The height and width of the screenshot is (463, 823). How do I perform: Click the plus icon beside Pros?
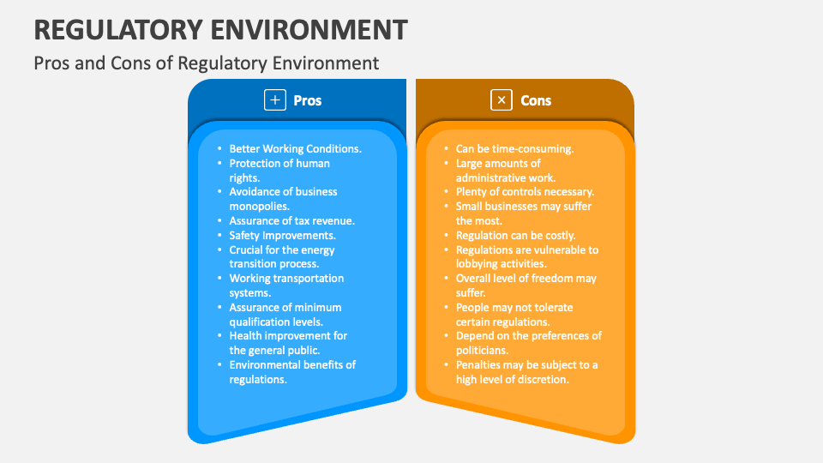(274, 100)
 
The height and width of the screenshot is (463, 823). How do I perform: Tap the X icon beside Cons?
(501, 100)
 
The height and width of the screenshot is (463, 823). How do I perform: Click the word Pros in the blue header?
(308, 100)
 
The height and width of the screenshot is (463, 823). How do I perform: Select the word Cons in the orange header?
(536, 100)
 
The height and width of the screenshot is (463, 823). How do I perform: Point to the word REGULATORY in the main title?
(119, 29)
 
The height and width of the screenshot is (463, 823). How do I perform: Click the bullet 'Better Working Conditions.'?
(295, 148)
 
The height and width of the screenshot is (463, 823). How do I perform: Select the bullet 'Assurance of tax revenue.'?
(291, 220)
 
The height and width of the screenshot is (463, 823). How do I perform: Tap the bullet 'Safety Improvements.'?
(282, 235)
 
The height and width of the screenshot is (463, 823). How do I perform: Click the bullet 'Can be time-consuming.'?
(514, 148)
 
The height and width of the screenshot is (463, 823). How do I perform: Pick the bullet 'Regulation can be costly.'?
(515, 235)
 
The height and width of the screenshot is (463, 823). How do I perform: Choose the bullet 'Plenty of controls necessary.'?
(525, 192)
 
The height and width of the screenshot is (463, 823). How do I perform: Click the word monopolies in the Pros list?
(259, 207)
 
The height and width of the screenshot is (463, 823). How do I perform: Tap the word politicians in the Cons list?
(483, 351)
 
